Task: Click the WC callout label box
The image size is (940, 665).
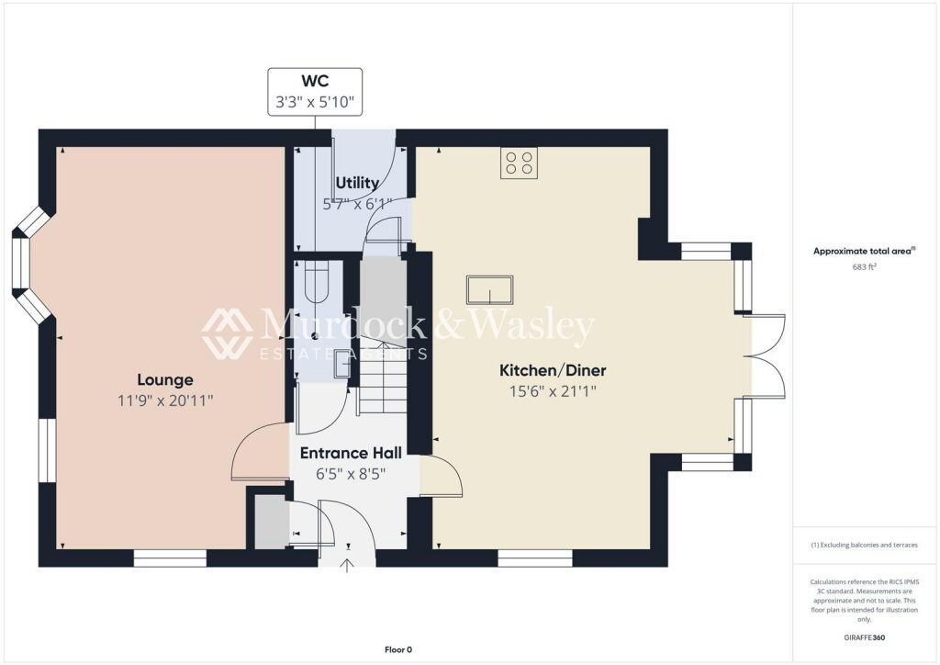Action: (315, 91)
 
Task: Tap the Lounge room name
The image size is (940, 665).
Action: (165, 379)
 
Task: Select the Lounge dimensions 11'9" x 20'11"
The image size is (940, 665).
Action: (165, 400)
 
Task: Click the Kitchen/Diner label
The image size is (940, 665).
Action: (553, 370)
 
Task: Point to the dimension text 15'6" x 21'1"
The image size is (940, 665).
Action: (553, 391)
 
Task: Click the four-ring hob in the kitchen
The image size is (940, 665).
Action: (519, 163)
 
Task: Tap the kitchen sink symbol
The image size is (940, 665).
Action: (490, 290)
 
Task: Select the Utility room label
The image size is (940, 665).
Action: (357, 183)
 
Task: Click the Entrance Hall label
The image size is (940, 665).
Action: (351, 454)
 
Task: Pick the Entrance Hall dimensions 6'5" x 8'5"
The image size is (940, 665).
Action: (351, 474)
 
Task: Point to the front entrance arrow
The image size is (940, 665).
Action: (347, 565)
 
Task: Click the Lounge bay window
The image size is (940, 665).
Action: (30, 265)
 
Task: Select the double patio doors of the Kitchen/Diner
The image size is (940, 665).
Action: (765, 356)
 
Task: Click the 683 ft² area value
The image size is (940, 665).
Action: (864, 267)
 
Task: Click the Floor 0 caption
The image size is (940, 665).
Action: (398, 649)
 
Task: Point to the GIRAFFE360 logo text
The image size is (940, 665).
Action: (864, 637)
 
